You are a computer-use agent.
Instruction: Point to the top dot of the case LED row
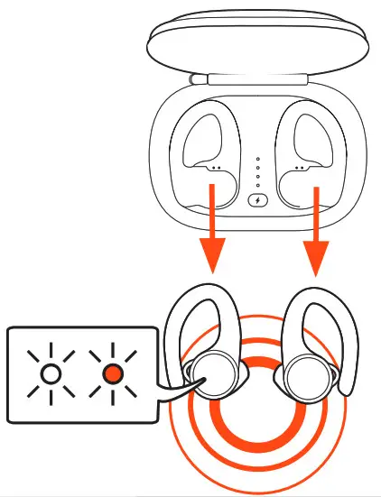coord(258,160)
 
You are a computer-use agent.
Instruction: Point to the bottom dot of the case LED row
coord(258,184)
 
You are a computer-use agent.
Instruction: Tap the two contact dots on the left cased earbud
coord(216,167)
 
